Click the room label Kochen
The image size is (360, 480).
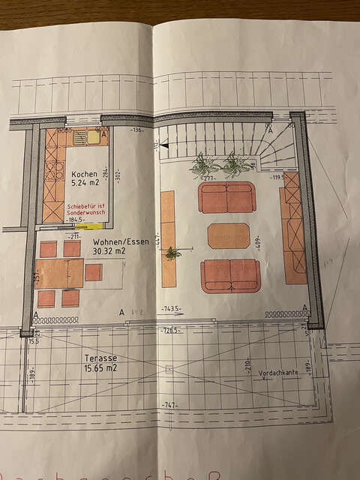click(x=84, y=173)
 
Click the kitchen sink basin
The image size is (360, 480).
click(x=93, y=136)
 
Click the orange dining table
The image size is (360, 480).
click(x=60, y=274)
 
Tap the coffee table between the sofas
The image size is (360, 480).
click(x=229, y=235)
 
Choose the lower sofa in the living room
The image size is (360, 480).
click(x=230, y=275)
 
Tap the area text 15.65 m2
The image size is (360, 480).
click(x=100, y=369)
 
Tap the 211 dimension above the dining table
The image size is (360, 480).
click(x=73, y=236)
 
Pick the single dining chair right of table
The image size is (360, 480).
click(x=93, y=272)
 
